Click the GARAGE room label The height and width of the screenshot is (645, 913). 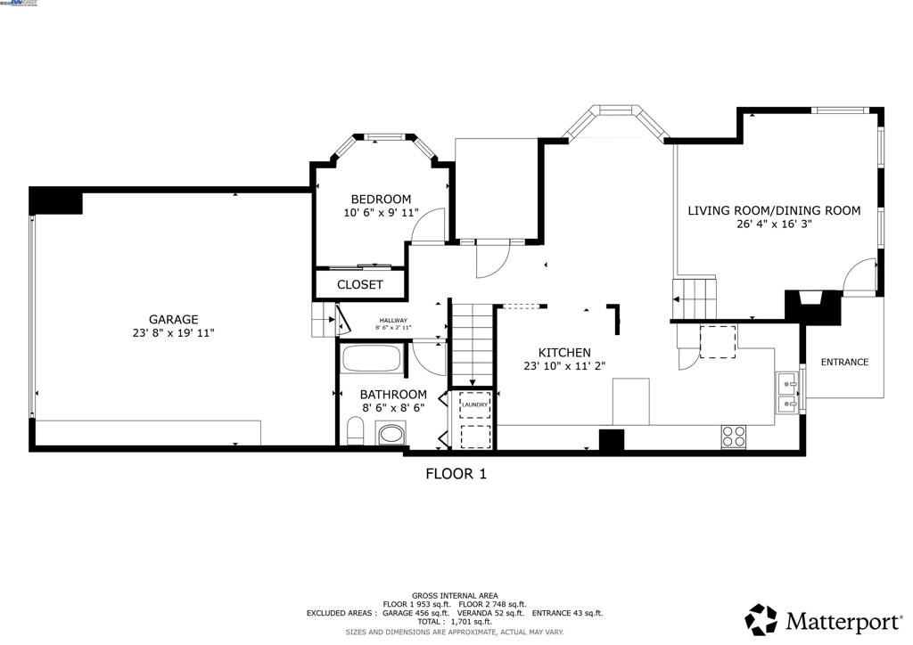coord(173,319)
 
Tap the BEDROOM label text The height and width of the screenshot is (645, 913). coord(381,199)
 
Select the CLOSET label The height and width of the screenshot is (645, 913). coord(360,285)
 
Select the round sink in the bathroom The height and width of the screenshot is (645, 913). coord(390,435)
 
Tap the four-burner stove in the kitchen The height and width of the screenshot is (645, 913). coord(733,437)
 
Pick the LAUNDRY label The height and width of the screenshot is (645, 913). coord(474,405)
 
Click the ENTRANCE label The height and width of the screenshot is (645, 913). coord(844,362)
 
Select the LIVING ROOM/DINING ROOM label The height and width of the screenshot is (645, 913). coord(774,210)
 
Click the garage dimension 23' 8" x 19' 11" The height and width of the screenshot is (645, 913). coord(173,333)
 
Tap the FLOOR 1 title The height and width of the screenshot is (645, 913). coord(456,474)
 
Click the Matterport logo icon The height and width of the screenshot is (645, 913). coord(761,618)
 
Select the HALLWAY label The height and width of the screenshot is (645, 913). coord(393,321)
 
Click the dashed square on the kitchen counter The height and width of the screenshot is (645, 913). coord(718,341)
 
